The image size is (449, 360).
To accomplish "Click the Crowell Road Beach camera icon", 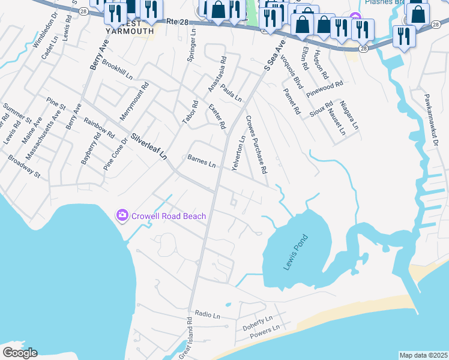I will coord(122,215).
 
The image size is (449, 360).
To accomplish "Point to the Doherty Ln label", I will coord(258,323).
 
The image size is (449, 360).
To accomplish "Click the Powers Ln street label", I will coord(265,331).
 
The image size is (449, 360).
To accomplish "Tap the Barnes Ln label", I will coord(202,160).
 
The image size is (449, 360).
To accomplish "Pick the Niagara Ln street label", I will coord(349,115).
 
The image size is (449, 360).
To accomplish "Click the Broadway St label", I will coord(24,167).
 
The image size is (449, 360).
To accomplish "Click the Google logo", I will coord(20,353).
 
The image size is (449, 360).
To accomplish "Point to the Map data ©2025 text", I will coord(423,355).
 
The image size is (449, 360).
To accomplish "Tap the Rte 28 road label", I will coord(181,21).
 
